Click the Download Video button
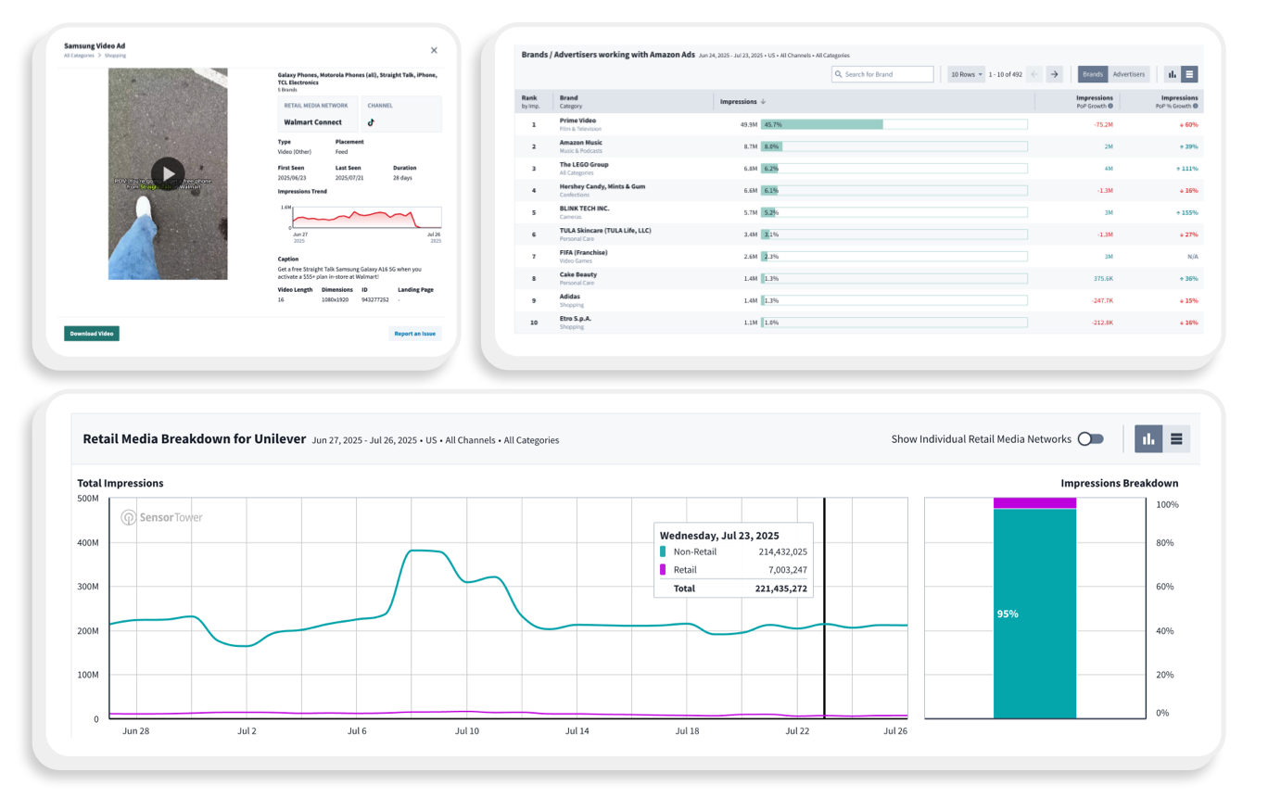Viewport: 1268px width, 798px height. (91, 334)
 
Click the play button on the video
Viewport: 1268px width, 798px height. (168, 172)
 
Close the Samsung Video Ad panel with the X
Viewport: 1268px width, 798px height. (434, 50)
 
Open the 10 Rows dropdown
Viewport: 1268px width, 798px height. (966, 74)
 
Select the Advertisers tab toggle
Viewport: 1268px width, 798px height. (1128, 74)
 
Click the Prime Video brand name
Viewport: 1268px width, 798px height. (577, 120)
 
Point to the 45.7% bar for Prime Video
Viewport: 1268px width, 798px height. (821, 124)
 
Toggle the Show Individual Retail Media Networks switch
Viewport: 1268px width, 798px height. (1091, 439)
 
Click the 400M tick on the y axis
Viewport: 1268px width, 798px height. (87, 542)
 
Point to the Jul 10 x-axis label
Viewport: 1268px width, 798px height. (467, 731)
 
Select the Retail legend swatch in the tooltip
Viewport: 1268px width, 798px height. (663, 570)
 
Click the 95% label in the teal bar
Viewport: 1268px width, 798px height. (1007, 614)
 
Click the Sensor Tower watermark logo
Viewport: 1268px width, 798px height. (161, 517)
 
